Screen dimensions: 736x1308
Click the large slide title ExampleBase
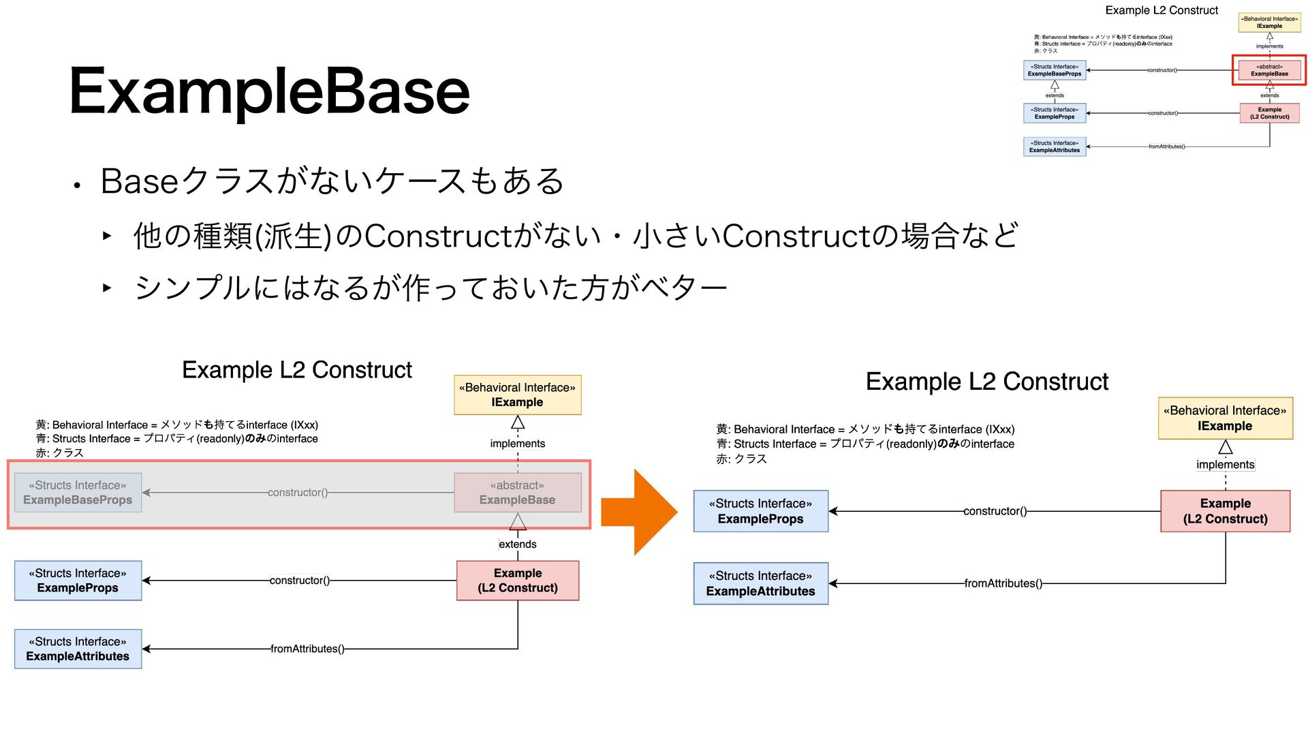(269, 91)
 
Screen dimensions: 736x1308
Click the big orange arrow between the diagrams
(639, 512)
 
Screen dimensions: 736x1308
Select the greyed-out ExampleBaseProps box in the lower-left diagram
(78, 493)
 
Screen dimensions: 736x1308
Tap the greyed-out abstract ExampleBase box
(518, 493)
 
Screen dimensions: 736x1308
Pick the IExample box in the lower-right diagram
(1225, 418)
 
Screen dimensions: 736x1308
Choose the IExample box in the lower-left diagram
(518, 395)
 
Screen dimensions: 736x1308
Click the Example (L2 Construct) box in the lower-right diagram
(1225, 511)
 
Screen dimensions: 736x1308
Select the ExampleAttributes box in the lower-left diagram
(78, 649)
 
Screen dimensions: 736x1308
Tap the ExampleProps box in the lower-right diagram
(760, 511)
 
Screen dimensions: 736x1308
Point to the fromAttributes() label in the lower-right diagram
(1003, 583)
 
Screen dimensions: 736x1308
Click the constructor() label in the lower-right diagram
(995, 511)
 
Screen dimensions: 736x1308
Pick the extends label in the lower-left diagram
(518, 544)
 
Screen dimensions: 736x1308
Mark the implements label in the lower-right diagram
(1225, 465)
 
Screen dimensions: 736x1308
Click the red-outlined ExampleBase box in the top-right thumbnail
(1269, 70)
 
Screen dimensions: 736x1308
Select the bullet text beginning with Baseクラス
(332, 181)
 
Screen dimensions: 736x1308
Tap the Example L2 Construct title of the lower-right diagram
(987, 382)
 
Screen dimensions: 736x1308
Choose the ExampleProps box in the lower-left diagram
(78, 581)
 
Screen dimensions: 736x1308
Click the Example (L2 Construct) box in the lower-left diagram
(518, 581)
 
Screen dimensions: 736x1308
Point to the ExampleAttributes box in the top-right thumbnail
(1055, 147)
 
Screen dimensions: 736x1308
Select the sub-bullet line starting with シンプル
(431, 288)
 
